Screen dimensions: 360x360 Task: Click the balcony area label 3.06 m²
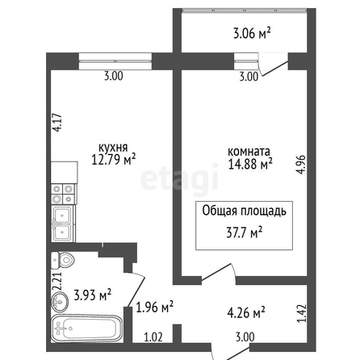tap(251, 34)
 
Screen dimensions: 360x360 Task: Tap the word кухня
tap(113, 148)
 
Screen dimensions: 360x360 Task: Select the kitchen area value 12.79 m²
tap(113, 160)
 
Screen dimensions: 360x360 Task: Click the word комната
tap(249, 152)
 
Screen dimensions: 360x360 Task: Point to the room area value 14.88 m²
tap(250, 164)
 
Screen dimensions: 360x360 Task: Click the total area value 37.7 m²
tap(245, 232)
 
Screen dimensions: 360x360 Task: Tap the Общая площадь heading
tap(244, 211)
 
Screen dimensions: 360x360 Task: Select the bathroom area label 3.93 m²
tap(92, 295)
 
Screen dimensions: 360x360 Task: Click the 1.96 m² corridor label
tap(155, 307)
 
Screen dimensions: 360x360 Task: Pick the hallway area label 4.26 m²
tap(246, 312)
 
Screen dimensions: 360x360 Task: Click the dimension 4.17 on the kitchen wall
tap(58, 123)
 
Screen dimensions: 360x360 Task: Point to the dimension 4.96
tap(301, 165)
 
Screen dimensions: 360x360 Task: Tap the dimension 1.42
tap(302, 313)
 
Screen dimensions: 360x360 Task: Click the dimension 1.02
tap(153, 337)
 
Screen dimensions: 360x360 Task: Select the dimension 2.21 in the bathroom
tap(57, 282)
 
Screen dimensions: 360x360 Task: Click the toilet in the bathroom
tap(62, 260)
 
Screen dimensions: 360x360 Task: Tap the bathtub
tap(86, 329)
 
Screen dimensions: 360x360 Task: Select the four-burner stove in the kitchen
tap(64, 194)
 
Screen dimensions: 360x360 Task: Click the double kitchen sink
tap(63, 224)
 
